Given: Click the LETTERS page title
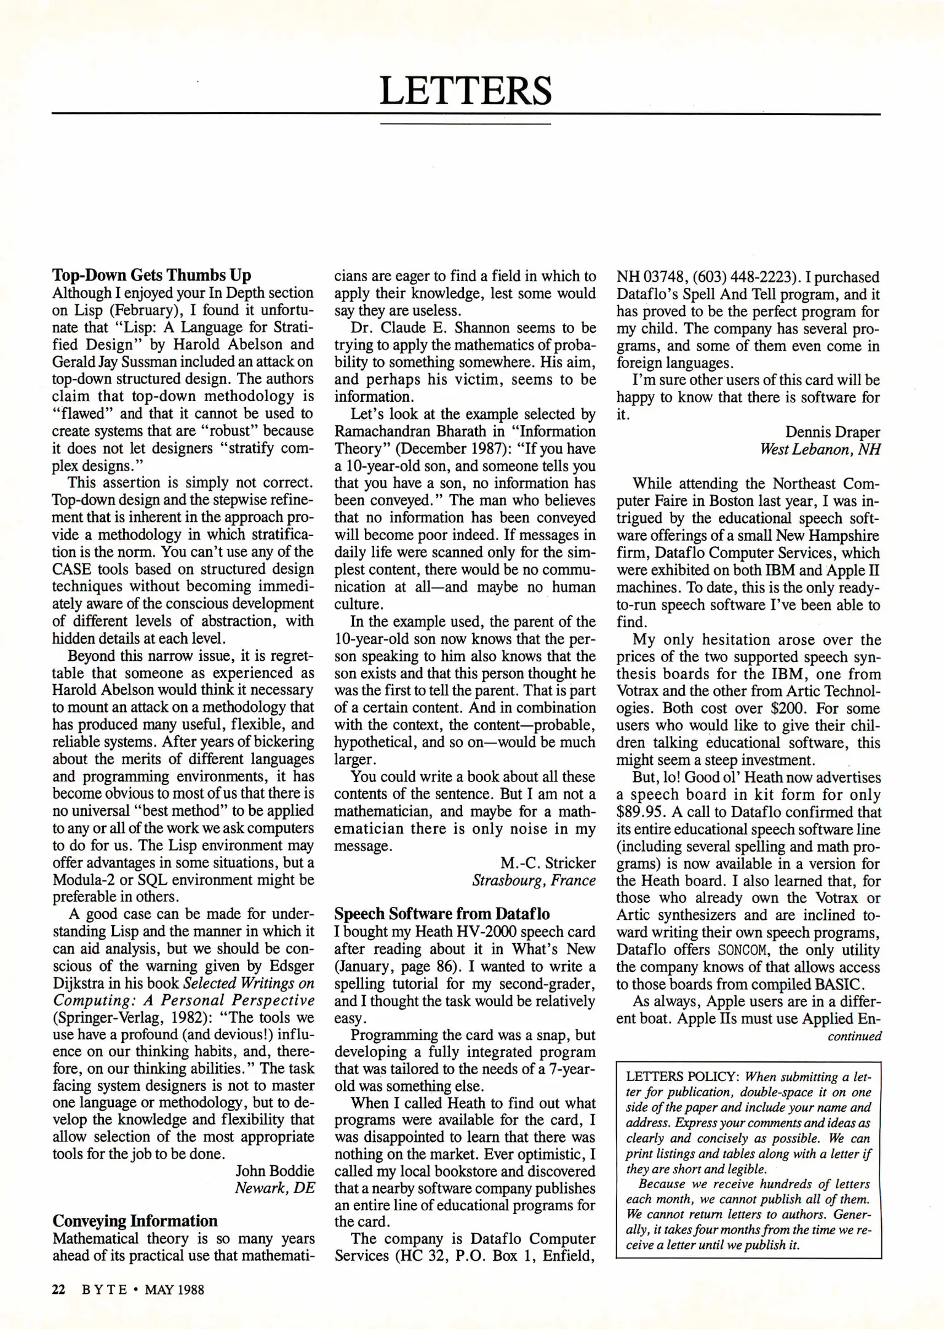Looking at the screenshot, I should pos(465,90).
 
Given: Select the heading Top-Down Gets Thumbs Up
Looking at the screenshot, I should pos(151,275).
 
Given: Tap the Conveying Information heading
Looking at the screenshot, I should pos(135,1221).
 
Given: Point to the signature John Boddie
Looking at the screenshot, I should pos(274,1170).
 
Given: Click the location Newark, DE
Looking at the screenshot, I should pos(274,1187).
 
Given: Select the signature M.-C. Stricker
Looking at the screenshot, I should pos(548,863).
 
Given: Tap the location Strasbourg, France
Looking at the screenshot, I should pos(534,880).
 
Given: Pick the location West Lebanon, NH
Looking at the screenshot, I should pos(820,449).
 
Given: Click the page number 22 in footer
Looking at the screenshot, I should pos(58,1290).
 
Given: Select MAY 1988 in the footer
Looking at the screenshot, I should pos(174,1290).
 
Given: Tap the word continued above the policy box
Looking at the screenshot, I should pos(854,1036).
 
